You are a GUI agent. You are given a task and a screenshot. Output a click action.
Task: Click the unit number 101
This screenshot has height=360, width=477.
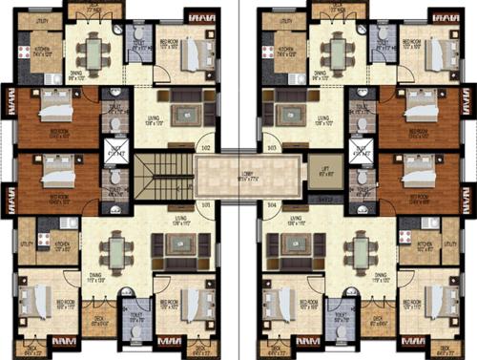click(205, 204)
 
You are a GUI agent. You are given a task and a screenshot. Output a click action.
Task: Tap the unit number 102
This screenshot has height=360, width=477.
click(205, 148)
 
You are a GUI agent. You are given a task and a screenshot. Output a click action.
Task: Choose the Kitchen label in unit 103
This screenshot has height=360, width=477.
click(282, 53)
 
